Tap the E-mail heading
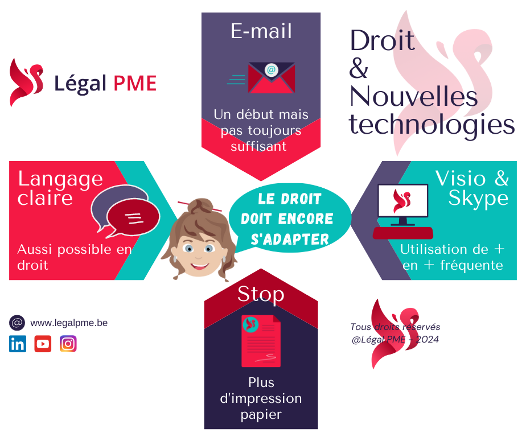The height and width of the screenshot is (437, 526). tap(261, 31)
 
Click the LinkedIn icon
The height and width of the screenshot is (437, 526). tap(18, 344)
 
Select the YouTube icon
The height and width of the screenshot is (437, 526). tap(43, 344)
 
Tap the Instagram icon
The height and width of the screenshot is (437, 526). tap(68, 344)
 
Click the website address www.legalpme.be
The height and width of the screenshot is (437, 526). tap(69, 323)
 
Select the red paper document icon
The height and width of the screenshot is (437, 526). tap(261, 341)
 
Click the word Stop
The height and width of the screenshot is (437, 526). tap(261, 294)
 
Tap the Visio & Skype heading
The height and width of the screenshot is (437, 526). tap(472, 188)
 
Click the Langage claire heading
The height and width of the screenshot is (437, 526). tap(60, 188)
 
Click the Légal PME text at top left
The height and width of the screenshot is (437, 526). tap(105, 84)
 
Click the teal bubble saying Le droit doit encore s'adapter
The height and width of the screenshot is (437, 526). tap(289, 219)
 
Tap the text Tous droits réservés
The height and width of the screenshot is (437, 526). tap(395, 327)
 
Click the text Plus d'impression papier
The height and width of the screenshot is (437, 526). tap(261, 398)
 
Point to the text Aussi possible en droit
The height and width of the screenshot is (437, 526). tap(74, 257)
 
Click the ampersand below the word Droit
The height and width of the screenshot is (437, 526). tap(359, 69)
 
